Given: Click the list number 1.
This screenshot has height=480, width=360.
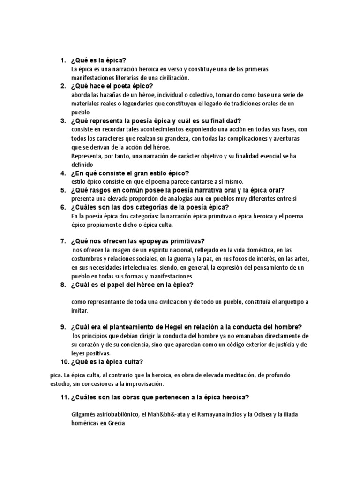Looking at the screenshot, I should pos(62,60).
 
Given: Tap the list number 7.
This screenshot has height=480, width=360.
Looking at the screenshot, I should pos(62,241).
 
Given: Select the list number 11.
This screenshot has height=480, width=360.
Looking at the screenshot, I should pos(62,397).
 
